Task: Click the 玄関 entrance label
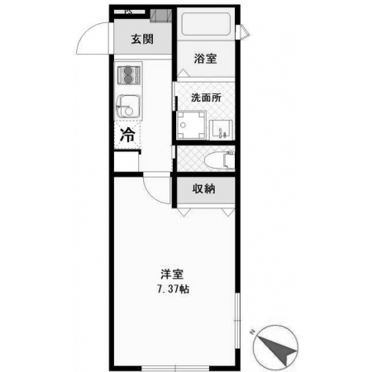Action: [142, 39]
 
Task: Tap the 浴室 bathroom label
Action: [205, 59]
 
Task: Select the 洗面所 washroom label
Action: [206, 98]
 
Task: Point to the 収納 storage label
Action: [203, 188]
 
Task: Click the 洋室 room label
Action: [172, 274]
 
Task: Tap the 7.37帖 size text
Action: [173, 289]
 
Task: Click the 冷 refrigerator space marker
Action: [127, 135]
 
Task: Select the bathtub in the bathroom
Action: [206, 24]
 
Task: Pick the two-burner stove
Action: [128, 75]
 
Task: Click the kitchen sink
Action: [127, 107]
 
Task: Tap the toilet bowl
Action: [220, 160]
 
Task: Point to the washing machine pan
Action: [191, 126]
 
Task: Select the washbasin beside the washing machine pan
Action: [222, 130]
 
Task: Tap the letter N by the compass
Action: [251, 332]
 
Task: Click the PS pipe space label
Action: [128, 12]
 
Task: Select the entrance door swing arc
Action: [88, 35]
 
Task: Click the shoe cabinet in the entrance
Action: [161, 16]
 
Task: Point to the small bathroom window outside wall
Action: [243, 31]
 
